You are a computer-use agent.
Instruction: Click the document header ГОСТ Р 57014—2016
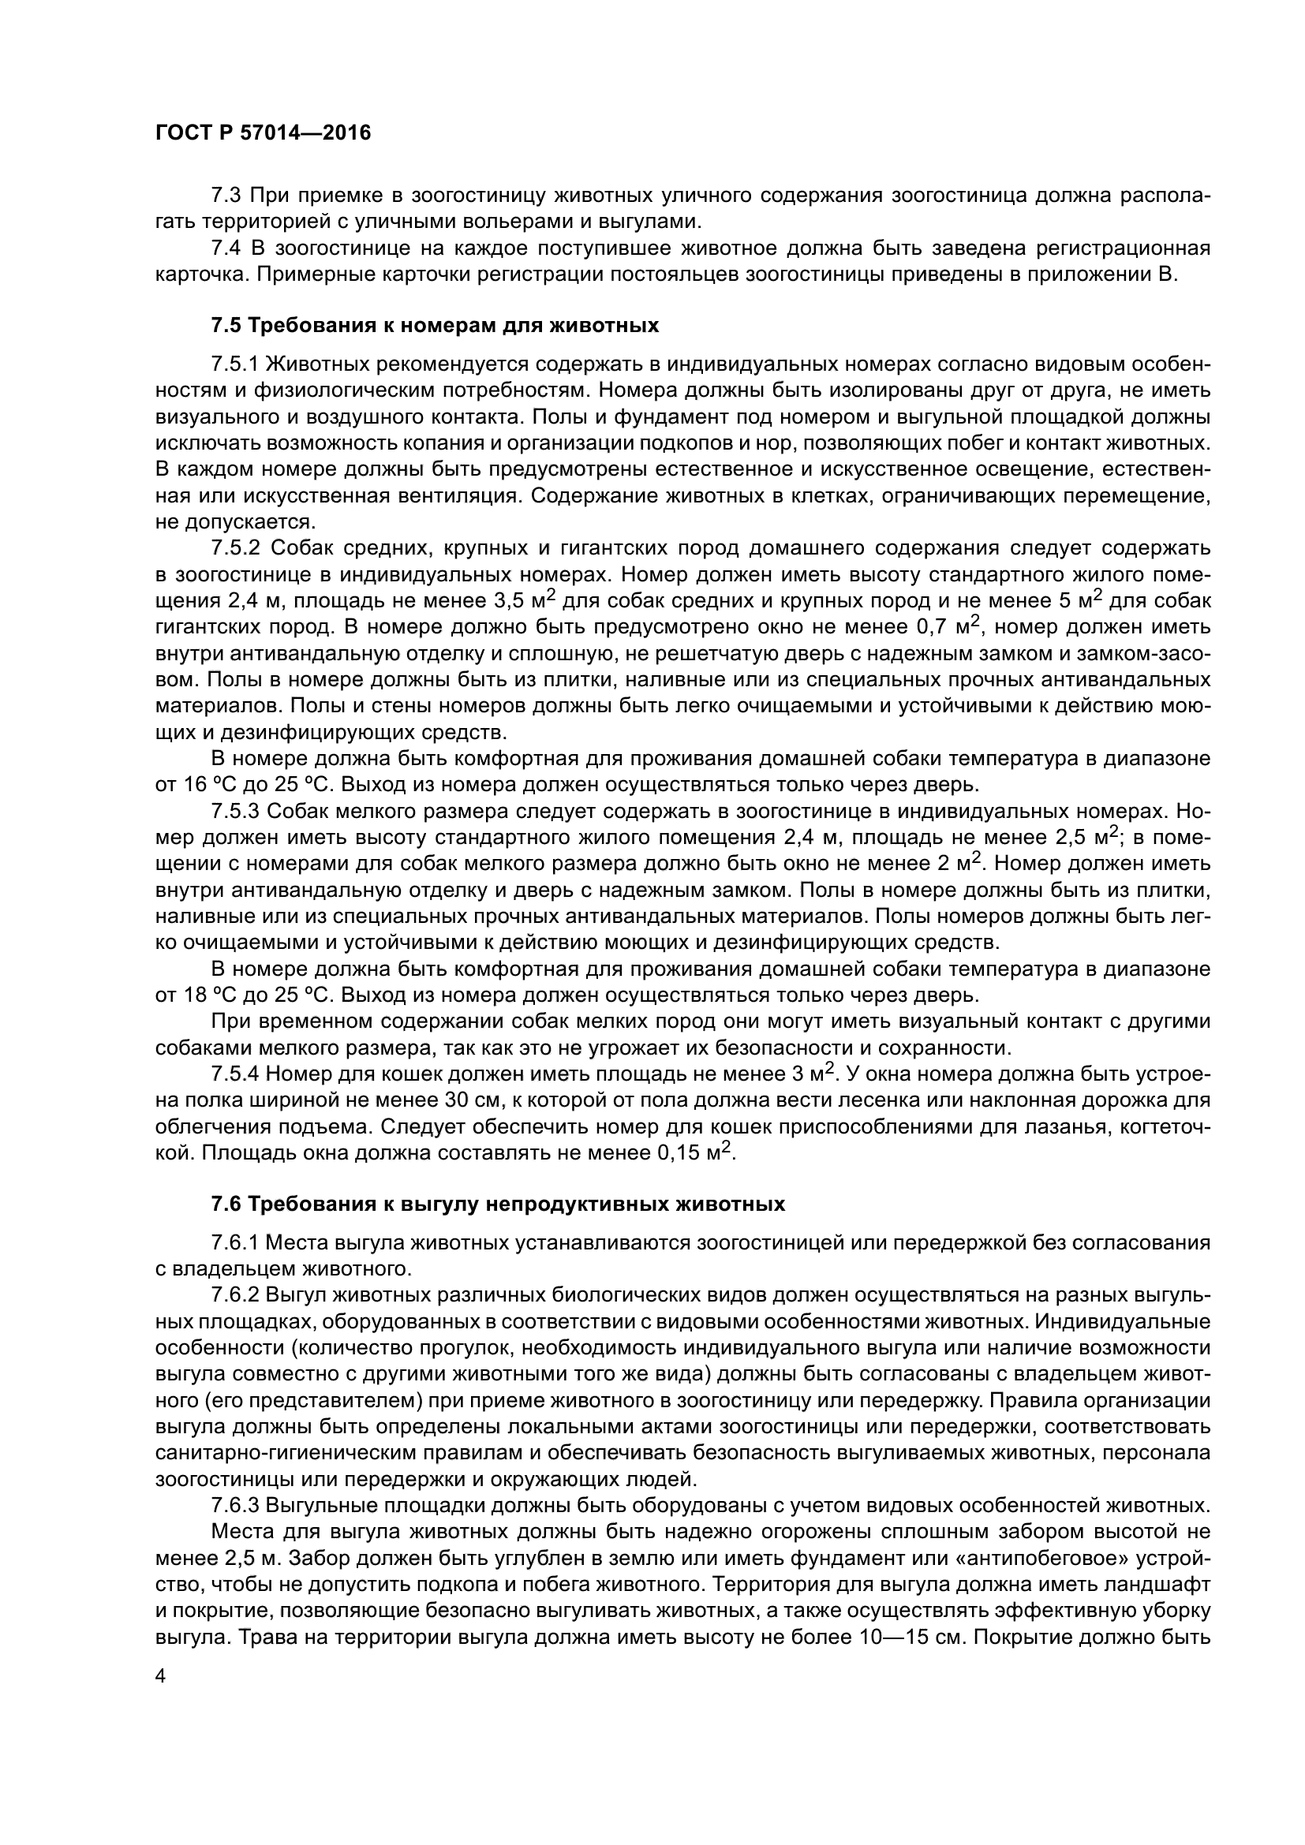263,133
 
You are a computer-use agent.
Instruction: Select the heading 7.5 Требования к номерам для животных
435,326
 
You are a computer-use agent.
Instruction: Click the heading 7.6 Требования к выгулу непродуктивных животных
497,1204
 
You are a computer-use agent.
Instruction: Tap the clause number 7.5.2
235,548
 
